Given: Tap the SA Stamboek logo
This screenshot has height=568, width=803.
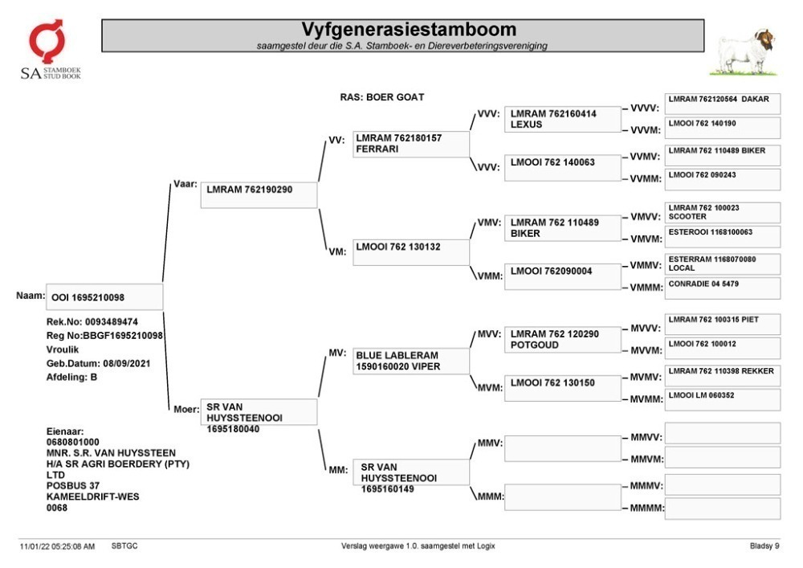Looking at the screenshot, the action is [x=50, y=49].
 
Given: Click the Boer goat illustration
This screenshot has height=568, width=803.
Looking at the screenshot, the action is [x=745, y=51].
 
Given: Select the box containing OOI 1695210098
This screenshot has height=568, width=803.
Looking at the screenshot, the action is [x=104, y=297].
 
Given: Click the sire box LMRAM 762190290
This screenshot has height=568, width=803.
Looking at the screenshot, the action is [x=259, y=195].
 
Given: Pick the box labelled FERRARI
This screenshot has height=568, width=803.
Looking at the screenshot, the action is [x=410, y=144].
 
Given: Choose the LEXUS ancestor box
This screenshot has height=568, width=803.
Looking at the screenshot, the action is [x=562, y=120].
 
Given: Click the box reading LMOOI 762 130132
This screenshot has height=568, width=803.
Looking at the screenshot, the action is [x=410, y=252].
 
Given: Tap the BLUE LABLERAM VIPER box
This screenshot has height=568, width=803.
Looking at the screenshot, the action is [x=410, y=361].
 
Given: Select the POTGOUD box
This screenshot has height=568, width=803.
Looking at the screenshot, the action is [x=562, y=340].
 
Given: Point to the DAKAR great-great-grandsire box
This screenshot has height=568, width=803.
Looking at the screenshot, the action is [x=723, y=104].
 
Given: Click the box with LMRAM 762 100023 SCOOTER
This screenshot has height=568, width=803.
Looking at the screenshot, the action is [x=723, y=213].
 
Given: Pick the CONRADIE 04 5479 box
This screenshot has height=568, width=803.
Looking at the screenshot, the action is [x=723, y=288].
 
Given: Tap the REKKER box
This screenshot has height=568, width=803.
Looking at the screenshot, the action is [x=723, y=375].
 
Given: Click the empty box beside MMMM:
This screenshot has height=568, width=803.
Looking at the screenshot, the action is [x=723, y=509].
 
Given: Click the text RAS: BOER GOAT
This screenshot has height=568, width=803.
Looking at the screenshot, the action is [x=382, y=97].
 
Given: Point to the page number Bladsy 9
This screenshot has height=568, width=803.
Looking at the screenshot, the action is [x=764, y=546].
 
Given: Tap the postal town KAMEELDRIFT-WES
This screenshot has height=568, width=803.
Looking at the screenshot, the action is [x=92, y=496].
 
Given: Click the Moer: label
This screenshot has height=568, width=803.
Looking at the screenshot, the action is [x=186, y=409].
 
